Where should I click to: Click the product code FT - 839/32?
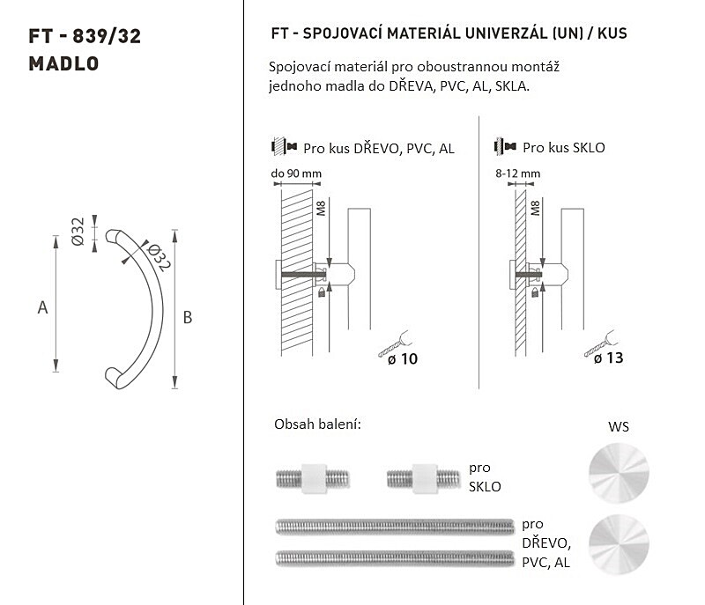pyautogui.click(x=85, y=36)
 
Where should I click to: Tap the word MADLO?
pyautogui.click(x=63, y=63)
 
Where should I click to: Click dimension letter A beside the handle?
pyautogui.click(x=42, y=307)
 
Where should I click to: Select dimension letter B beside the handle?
pyautogui.click(x=188, y=318)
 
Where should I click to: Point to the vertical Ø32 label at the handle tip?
pyautogui.click(x=78, y=232)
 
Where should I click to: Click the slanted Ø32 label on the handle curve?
pyautogui.click(x=159, y=257)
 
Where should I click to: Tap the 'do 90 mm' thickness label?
pyautogui.click(x=296, y=173)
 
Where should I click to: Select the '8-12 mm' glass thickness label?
pyautogui.click(x=518, y=173)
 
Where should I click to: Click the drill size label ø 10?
pyautogui.click(x=403, y=359)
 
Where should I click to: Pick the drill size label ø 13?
pyautogui.click(x=608, y=358)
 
